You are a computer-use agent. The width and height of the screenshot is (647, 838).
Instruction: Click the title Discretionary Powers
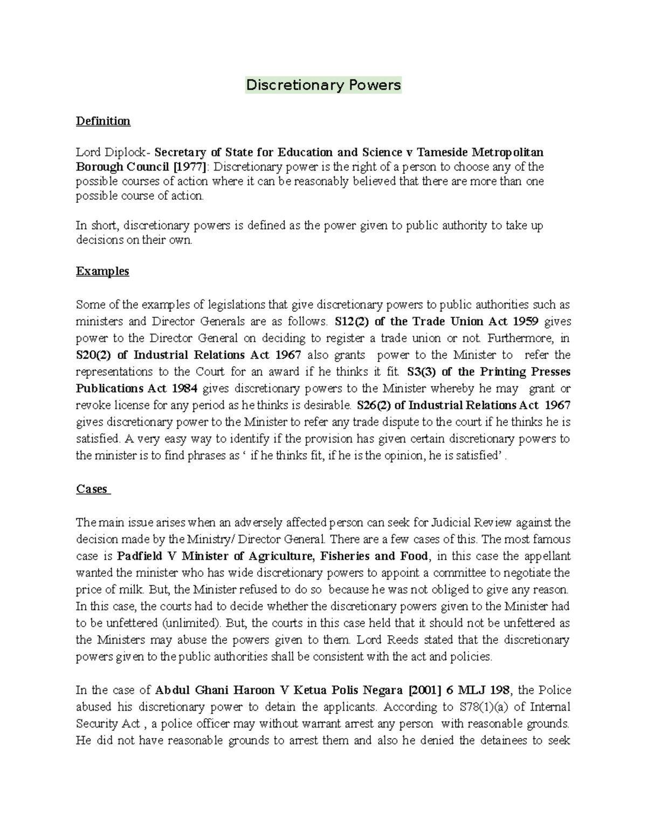pyautogui.click(x=323, y=85)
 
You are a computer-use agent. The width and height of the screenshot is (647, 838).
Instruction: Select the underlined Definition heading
pyautogui.click(x=103, y=121)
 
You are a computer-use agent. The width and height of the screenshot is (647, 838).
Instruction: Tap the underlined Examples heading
pyautogui.click(x=102, y=271)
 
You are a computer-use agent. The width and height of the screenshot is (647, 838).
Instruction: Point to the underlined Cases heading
pyautogui.click(x=92, y=489)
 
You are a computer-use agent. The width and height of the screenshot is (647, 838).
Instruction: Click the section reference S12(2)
pyautogui.click(x=352, y=322)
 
